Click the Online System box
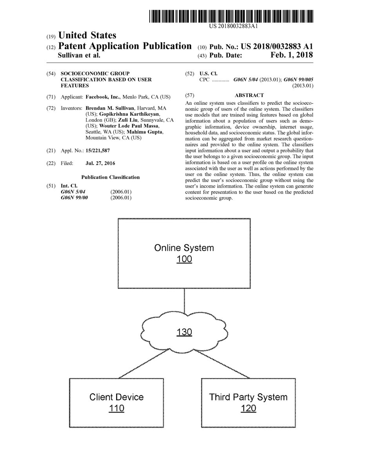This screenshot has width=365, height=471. click(x=184, y=235)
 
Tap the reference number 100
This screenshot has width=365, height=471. click(x=184, y=259)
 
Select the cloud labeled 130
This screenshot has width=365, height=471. click(x=184, y=332)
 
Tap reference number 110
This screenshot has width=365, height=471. click(x=116, y=408)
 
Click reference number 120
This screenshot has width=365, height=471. click(x=248, y=408)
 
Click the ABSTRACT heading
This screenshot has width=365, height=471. click(x=249, y=95)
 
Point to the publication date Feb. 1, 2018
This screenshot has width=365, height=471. click(x=292, y=55)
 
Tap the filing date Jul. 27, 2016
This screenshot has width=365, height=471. click(x=100, y=163)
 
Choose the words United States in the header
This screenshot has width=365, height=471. click(x=87, y=36)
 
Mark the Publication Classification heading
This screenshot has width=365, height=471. click(x=110, y=177)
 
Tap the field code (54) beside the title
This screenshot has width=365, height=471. click(x=51, y=74)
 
